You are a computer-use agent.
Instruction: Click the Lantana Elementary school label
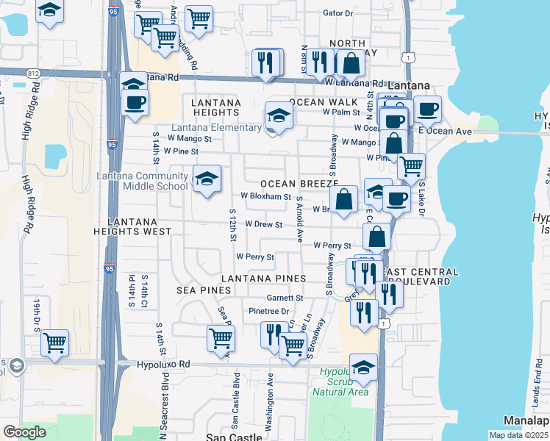click(x=216, y=127)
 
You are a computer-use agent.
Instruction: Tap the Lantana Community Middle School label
click(x=143, y=181)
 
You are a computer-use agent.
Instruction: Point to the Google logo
click(x=25, y=432)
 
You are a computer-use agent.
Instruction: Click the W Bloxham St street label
click(x=266, y=196)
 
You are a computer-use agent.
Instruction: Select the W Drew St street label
click(x=264, y=224)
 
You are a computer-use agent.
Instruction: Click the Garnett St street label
click(x=285, y=298)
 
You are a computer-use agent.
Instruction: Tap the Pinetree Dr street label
click(x=269, y=312)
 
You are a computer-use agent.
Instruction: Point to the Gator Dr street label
click(x=338, y=13)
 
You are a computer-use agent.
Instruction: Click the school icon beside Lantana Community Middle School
click(x=207, y=179)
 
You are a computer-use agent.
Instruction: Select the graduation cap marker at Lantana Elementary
click(x=279, y=116)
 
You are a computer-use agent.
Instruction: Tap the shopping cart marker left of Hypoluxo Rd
click(x=55, y=342)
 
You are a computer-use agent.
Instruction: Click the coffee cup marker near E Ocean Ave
click(x=427, y=110)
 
